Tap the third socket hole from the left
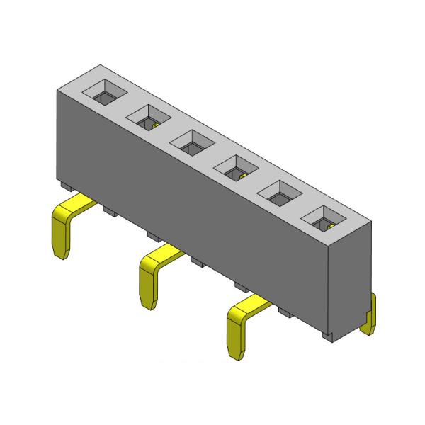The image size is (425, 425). click(x=191, y=140)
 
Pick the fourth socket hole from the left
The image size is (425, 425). click(x=235, y=166)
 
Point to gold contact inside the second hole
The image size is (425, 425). click(x=152, y=125)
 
